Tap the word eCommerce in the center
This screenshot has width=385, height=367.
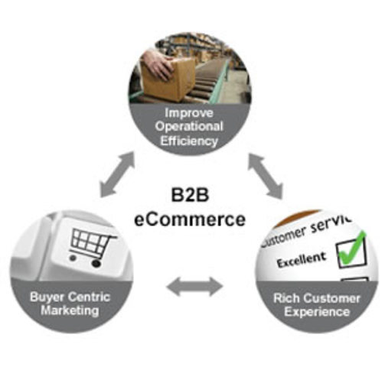191,219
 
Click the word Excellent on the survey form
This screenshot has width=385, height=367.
299,261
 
